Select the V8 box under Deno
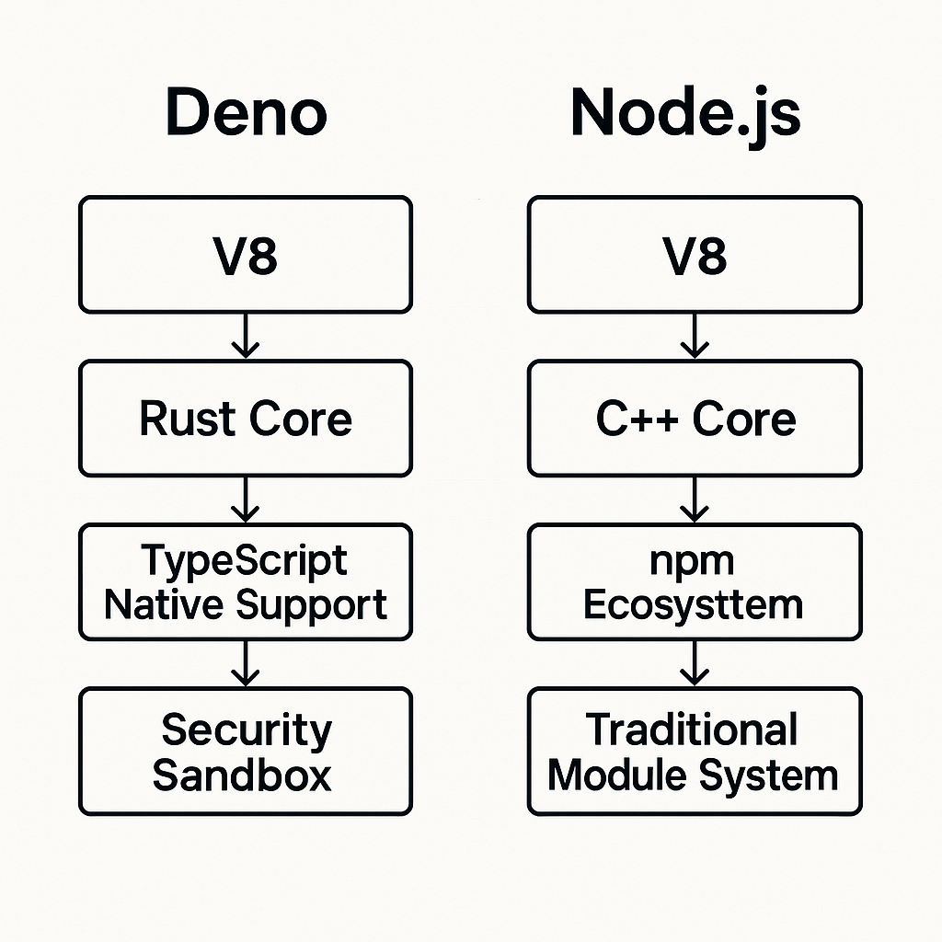pyautogui.click(x=246, y=255)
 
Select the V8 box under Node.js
pyautogui.click(x=695, y=255)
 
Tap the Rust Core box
pyautogui.click(x=246, y=419)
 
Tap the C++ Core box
pyautogui.click(x=695, y=419)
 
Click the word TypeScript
pyautogui.click(x=246, y=560)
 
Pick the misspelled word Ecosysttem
pyautogui.click(x=694, y=605)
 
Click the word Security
pyautogui.click(x=246, y=730)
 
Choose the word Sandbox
pyautogui.click(x=242, y=775)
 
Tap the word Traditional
pyautogui.click(x=693, y=730)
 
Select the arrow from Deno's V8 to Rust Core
pyautogui.click(x=246, y=336)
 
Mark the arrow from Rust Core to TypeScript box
pyautogui.click(x=246, y=500)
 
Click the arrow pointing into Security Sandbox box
pyautogui.click(x=246, y=663)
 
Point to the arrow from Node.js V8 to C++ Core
pyautogui.click(x=695, y=336)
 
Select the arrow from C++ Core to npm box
pyautogui.click(x=695, y=500)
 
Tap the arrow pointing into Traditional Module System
pyautogui.click(x=695, y=663)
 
